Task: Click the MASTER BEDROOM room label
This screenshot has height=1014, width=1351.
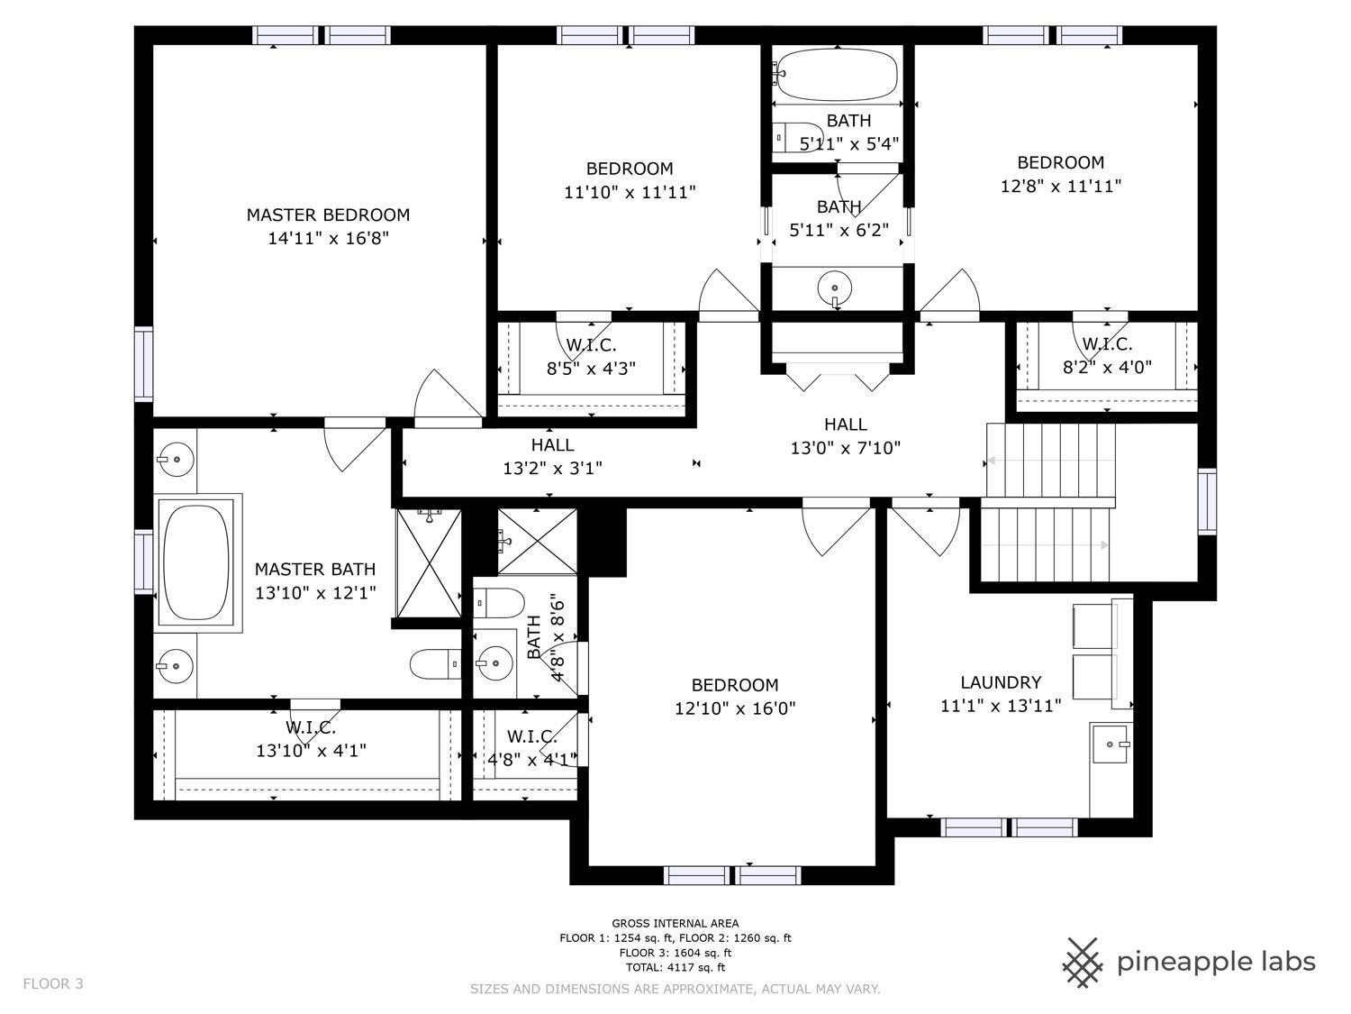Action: pyautogui.click(x=328, y=215)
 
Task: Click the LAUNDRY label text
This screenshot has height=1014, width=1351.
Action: pyautogui.click(x=1001, y=682)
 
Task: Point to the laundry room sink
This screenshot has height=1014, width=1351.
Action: pyautogui.click(x=1111, y=745)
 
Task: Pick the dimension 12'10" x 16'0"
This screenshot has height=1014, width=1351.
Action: pyautogui.click(x=735, y=708)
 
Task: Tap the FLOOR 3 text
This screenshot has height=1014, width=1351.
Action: pyautogui.click(x=53, y=983)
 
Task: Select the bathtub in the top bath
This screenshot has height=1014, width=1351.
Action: pyautogui.click(x=837, y=74)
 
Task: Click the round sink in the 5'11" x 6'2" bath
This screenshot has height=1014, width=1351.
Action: pyautogui.click(x=835, y=289)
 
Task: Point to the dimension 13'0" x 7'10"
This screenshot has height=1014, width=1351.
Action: pyautogui.click(x=846, y=448)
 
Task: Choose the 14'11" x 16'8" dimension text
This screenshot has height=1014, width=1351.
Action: pyautogui.click(x=328, y=239)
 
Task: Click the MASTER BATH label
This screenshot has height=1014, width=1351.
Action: pyautogui.click(x=315, y=569)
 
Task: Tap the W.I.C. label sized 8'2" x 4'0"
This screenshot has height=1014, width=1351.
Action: pyautogui.click(x=1107, y=344)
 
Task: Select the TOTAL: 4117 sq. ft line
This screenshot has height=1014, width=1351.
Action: pyautogui.click(x=675, y=967)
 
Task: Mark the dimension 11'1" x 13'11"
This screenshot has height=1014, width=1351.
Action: pyautogui.click(x=1001, y=706)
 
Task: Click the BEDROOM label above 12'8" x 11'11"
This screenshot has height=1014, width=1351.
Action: pyautogui.click(x=1060, y=162)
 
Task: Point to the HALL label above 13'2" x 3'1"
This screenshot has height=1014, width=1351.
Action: pyautogui.click(x=552, y=444)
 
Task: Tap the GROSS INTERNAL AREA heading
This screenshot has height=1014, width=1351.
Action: pyautogui.click(x=675, y=923)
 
